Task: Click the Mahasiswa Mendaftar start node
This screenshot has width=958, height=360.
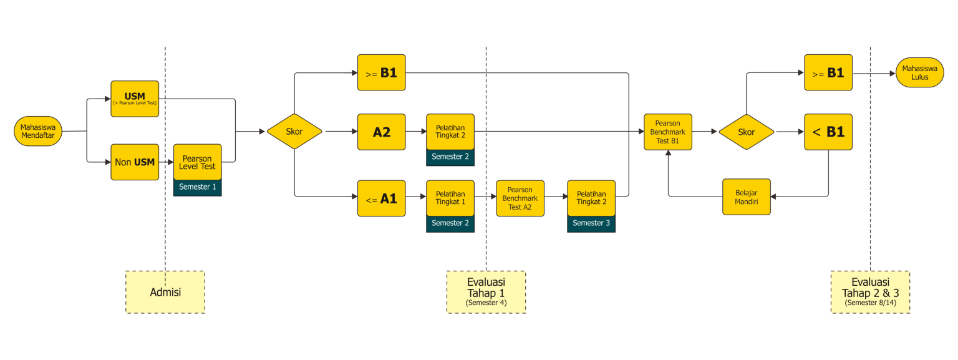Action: pos(38,132)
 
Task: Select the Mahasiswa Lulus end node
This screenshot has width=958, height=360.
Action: pos(919,73)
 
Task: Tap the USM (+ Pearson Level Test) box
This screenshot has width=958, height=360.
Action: pos(135,99)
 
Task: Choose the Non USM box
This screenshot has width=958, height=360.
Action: pos(135,162)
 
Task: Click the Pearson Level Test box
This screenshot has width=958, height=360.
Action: pos(197,162)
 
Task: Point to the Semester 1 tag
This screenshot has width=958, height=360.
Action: pos(197,187)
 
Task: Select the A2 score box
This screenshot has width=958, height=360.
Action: pos(381,132)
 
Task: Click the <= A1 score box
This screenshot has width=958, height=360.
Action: pos(381,198)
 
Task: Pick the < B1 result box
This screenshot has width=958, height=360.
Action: pos(828,132)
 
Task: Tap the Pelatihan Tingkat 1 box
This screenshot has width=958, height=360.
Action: pos(450,198)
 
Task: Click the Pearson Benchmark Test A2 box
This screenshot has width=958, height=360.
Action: pos(520,198)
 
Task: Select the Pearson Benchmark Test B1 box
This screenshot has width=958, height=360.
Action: pos(667,132)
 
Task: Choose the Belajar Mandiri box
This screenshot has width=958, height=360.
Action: pos(746,197)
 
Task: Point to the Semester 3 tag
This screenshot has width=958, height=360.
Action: pos(591,223)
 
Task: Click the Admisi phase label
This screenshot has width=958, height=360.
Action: pos(165,292)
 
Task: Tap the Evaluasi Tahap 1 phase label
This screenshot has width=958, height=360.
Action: pos(486,292)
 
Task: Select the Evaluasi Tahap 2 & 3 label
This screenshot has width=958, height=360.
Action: pos(870,292)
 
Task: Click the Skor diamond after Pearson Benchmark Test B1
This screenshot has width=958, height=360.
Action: pos(746,132)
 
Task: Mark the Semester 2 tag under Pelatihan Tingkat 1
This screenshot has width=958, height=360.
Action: pos(450,223)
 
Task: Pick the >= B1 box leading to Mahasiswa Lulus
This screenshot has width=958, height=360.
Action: pos(828,73)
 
